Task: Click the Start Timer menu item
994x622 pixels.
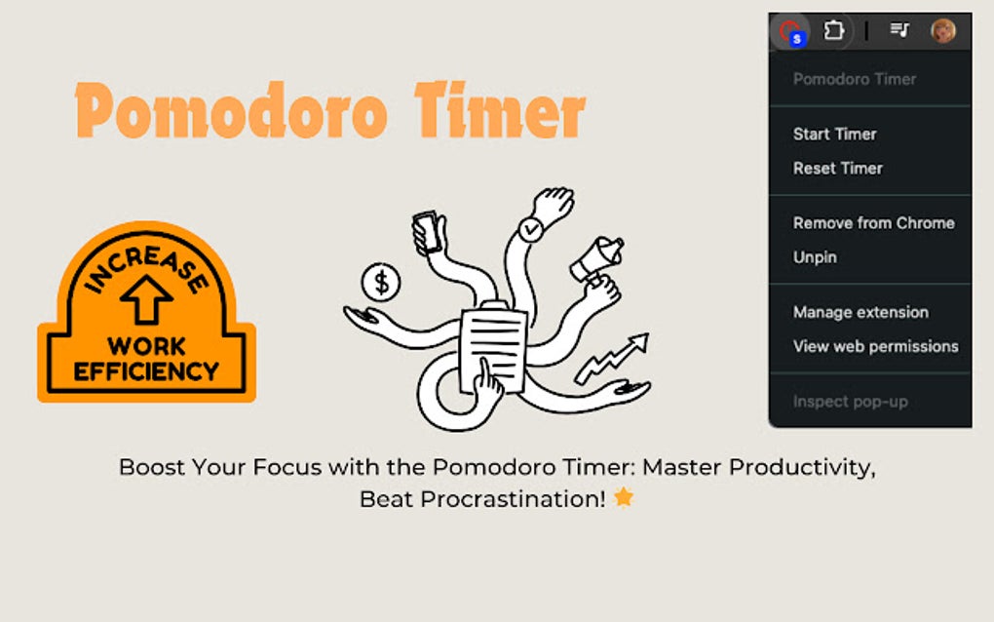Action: [834, 135]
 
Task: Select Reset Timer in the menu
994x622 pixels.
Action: [837, 169]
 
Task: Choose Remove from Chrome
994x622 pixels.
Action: [873, 223]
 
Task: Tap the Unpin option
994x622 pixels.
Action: [815, 257]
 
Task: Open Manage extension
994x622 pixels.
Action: [860, 312]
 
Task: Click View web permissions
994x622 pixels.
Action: [875, 346]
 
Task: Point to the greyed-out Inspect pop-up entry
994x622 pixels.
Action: [850, 401]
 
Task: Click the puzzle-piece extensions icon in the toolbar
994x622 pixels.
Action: [833, 31]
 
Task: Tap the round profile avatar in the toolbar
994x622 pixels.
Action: [942, 31]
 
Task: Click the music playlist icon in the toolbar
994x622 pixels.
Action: [898, 30]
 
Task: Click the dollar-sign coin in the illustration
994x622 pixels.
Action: [381, 283]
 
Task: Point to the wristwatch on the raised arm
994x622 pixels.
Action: [530, 230]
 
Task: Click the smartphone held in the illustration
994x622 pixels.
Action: [426, 231]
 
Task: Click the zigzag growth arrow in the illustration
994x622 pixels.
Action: [612, 358]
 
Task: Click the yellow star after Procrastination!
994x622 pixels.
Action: [624, 498]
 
